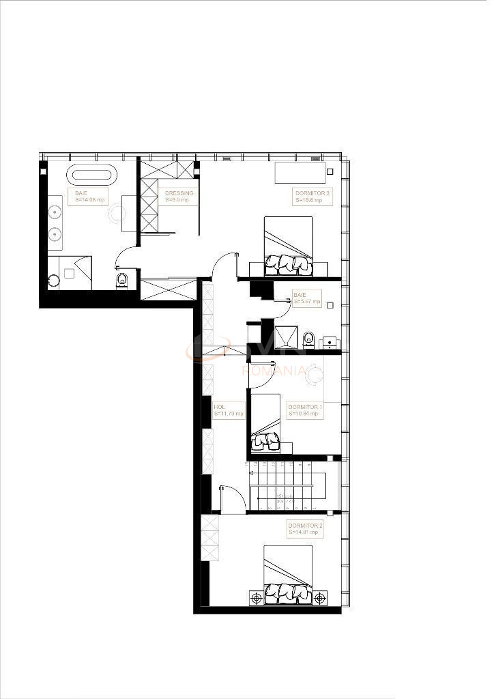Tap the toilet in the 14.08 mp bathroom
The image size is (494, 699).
pyautogui.click(x=123, y=280)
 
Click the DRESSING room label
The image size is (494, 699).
pyautogui.click(x=179, y=193)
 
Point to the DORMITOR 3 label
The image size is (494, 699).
pyautogui.click(x=313, y=193)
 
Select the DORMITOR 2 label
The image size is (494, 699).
pyautogui.click(x=305, y=526)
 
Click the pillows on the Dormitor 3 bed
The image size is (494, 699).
pyautogui.click(x=288, y=263)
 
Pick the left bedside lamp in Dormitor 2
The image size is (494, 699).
pyautogui.click(x=257, y=598)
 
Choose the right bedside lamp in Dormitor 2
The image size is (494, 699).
pyautogui.click(x=319, y=598)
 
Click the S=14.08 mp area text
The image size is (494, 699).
pyautogui.click(x=90, y=200)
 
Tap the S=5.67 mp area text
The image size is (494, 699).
pyautogui.click(x=306, y=301)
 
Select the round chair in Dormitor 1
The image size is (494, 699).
pyautogui.click(x=315, y=375)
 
